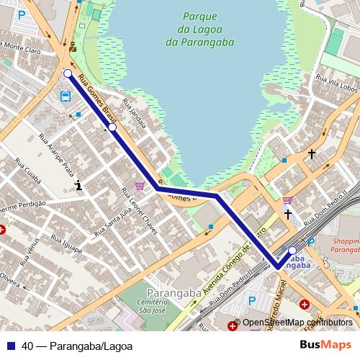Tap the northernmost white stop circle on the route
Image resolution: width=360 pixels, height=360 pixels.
point(67,73)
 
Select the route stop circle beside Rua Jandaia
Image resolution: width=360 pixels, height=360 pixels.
point(112,127)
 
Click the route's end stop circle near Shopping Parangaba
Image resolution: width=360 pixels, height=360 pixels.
point(292,251)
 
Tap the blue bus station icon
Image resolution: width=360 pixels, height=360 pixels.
point(66,96)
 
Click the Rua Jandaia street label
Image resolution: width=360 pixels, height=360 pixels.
point(135,114)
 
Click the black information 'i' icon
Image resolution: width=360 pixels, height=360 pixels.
point(78,186)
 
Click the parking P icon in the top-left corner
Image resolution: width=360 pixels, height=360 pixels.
point(22,14)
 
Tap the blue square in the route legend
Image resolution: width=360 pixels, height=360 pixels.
point(11,345)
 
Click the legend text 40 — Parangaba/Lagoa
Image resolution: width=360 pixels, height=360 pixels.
point(72,345)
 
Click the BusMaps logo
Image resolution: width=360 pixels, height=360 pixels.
point(324,344)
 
